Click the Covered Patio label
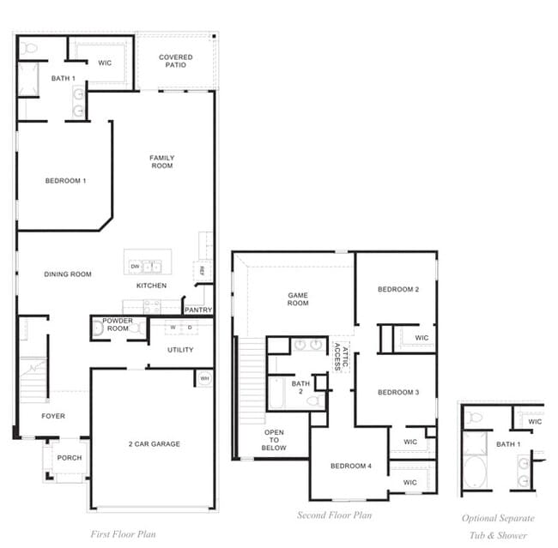(x=175, y=61)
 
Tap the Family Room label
(x=161, y=161)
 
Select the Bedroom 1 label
(x=65, y=181)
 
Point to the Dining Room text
(x=68, y=274)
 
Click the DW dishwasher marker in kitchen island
(x=136, y=267)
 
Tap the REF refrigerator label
(x=202, y=270)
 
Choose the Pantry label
(x=198, y=310)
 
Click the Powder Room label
(x=118, y=324)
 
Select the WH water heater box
(x=204, y=377)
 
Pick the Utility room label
(x=180, y=350)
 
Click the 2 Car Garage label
(x=154, y=443)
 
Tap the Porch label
(x=70, y=458)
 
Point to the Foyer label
(x=53, y=416)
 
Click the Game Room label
(x=298, y=298)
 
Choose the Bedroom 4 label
(x=351, y=466)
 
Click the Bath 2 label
(x=300, y=388)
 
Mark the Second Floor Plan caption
(x=335, y=515)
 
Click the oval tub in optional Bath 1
(x=474, y=473)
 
